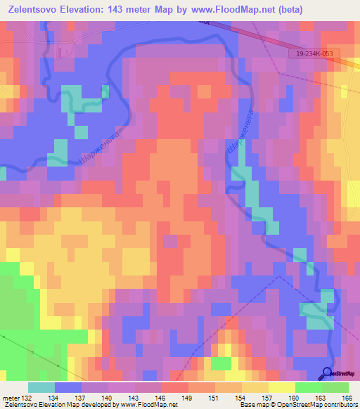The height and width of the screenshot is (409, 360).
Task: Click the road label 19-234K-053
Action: click(x=314, y=53)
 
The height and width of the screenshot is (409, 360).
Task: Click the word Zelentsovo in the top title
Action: click(x=32, y=10)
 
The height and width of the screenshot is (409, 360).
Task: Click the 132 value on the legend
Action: click(x=27, y=398)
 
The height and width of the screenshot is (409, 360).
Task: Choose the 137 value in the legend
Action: click(x=80, y=398)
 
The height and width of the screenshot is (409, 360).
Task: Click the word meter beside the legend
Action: click(x=11, y=398)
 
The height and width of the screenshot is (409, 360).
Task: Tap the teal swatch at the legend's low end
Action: click(x=41, y=387)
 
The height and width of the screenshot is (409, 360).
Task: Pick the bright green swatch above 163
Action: click(x=308, y=387)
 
